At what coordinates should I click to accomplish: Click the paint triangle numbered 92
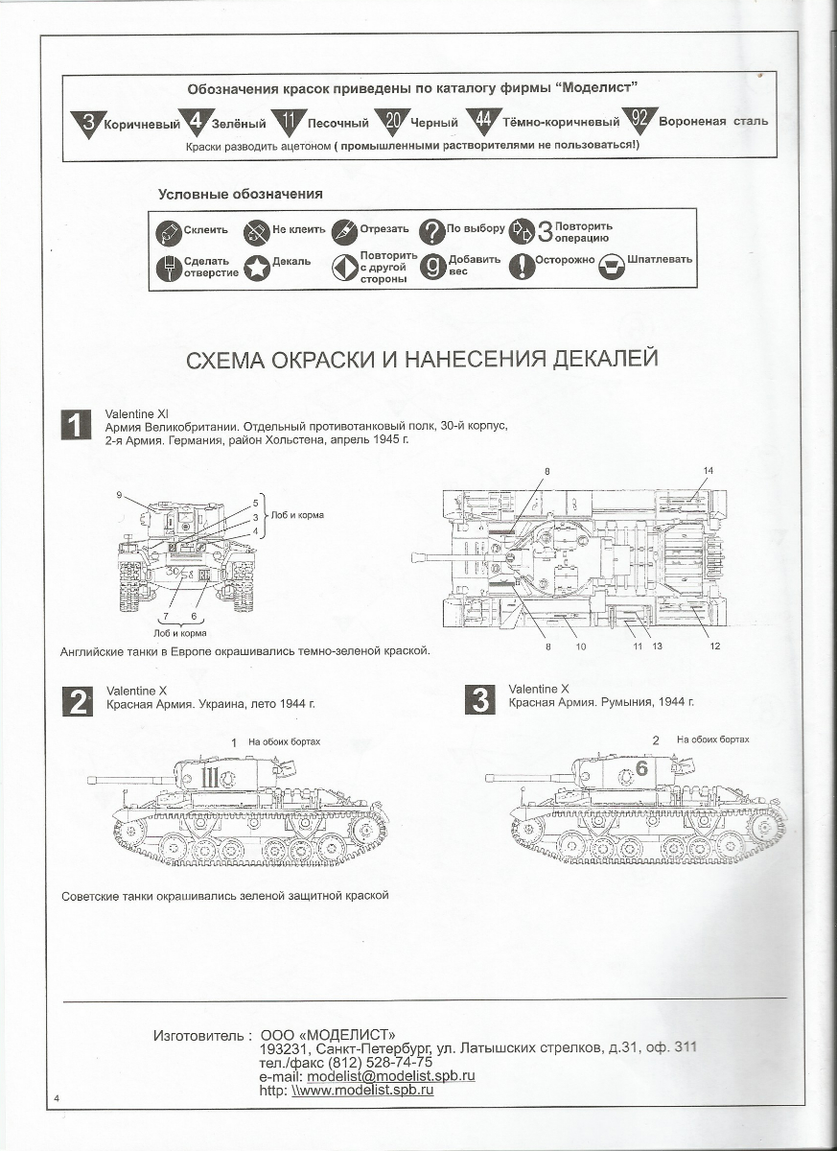tap(639, 122)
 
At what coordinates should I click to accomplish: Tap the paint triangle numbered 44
tap(484, 122)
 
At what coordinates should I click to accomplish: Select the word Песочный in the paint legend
tap(337, 123)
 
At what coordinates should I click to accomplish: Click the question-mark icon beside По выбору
tap(431, 230)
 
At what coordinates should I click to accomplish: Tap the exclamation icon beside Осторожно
tap(521, 267)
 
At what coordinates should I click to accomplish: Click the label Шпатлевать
tap(660, 260)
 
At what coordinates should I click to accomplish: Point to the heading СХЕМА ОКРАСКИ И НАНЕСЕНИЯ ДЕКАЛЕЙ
tap(420, 359)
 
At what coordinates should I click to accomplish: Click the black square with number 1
tap(77, 425)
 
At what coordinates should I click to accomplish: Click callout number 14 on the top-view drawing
tap(709, 470)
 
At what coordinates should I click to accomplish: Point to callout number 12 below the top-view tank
tap(714, 646)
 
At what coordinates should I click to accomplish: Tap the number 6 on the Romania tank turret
tap(641, 768)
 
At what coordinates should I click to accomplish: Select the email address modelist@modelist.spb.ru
tap(390, 1076)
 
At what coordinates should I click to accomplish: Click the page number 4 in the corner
tap(58, 1097)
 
